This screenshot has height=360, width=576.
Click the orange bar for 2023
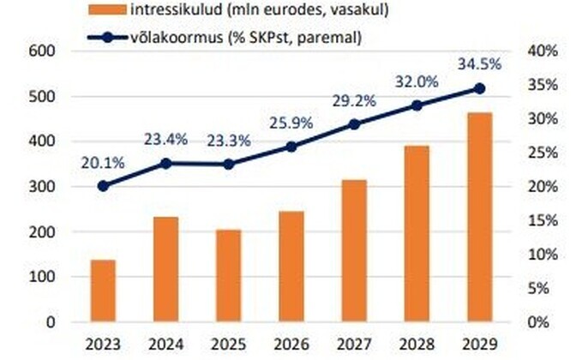103,291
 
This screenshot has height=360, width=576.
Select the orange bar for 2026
291,267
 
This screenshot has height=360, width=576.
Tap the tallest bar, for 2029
479,218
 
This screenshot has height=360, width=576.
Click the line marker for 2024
165,163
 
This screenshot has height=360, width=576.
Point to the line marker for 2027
354,124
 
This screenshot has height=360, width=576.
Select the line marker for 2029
479,88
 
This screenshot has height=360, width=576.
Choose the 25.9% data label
291,122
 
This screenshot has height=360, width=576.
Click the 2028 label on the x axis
417,344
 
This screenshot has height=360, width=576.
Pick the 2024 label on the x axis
165,344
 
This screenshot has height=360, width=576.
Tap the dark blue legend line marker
108,37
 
